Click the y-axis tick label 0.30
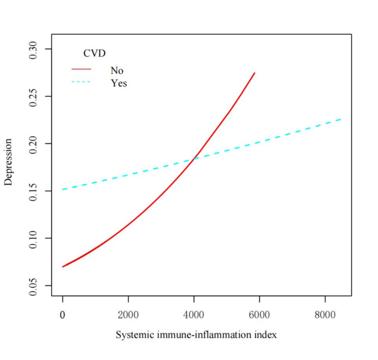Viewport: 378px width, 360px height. coord(34,49)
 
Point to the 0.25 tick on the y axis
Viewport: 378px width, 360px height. coord(34,96)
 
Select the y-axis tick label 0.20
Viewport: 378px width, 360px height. coord(34,144)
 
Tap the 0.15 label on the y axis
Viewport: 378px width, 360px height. coord(34,191)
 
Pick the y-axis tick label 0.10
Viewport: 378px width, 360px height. coord(34,238)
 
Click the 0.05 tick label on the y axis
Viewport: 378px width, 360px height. coord(34,286)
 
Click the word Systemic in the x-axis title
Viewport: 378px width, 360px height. coord(131,335)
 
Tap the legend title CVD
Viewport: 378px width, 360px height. coord(94,53)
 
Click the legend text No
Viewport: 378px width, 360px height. coord(117,71)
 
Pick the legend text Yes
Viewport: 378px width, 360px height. coord(119,83)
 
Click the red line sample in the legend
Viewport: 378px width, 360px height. coord(81,70)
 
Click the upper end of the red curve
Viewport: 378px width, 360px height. coord(254,73)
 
